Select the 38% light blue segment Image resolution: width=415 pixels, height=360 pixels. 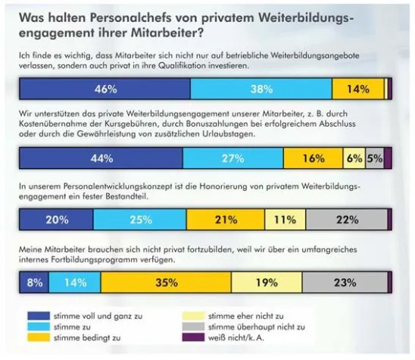(x=261, y=89)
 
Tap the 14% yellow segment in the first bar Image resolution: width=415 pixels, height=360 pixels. (x=358, y=89)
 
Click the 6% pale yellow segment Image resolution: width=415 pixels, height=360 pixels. (x=354, y=158)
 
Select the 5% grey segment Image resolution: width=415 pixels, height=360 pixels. (x=374, y=158)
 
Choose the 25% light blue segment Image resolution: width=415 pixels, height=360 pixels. (x=139, y=220)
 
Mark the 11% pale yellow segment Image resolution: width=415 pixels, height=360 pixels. (x=285, y=220)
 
